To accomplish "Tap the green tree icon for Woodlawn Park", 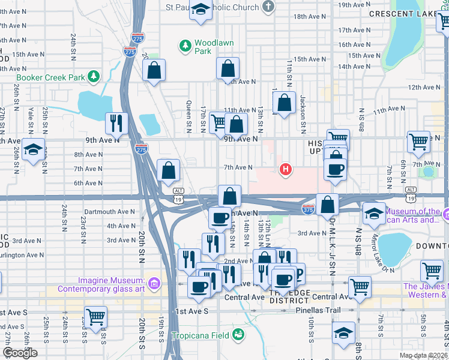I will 185,45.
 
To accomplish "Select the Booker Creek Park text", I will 50,77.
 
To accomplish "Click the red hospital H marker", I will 286,170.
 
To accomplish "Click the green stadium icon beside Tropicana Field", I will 239,334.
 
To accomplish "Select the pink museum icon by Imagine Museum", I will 154,283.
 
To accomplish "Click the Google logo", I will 20,353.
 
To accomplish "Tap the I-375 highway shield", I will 308,209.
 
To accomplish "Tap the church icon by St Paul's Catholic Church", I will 268,7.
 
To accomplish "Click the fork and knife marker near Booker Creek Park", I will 116,123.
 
